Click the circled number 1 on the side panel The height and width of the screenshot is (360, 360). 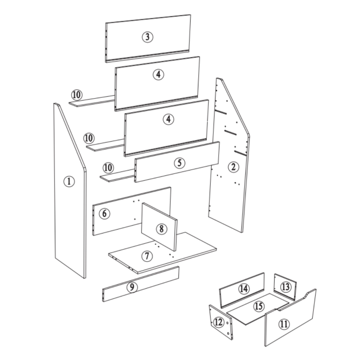pyautogui.click(x=69, y=181)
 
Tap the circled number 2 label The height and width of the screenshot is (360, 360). pyautogui.click(x=233, y=167)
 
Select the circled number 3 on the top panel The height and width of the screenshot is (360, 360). pyautogui.click(x=148, y=37)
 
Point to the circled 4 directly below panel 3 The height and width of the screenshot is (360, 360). pyautogui.click(x=159, y=74)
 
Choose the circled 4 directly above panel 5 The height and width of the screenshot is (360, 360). pyautogui.click(x=168, y=119)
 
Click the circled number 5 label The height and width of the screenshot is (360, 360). pyautogui.click(x=180, y=163)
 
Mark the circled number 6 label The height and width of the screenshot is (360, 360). pyautogui.click(x=104, y=213)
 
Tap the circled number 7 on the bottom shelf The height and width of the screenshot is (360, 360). pyautogui.click(x=147, y=256)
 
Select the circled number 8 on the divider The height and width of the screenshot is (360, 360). pyautogui.click(x=161, y=229)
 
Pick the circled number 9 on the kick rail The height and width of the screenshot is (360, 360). pyautogui.click(x=132, y=287)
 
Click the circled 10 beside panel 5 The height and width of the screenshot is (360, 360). pyautogui.click(x=108, y=168)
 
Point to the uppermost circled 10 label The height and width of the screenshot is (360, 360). pyautogui.click(x=76, y=95)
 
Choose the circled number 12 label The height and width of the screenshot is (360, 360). pyautogui.click(x=219, y=322)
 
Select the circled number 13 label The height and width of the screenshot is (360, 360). pyautogui.click(x=286, y=287)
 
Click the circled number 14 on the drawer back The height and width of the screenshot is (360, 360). pyautogui.click(x=243, y=289)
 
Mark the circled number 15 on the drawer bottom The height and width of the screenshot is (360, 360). pyautogui.click(x=259, y=306)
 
